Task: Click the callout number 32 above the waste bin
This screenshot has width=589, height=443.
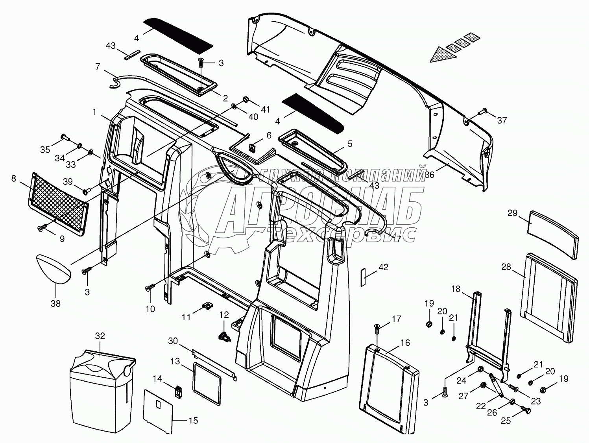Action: (x=100, y=336)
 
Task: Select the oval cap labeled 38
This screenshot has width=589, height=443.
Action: (x=54, y=269)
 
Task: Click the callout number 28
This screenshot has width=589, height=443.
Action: (x=506, y=267)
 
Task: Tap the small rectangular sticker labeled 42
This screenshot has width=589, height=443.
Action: (x=364, y=277)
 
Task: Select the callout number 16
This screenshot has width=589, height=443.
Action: (x=405, y=343)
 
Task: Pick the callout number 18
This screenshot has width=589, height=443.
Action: (x=455, y=289)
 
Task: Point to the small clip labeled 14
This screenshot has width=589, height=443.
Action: (x=178, y=391)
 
